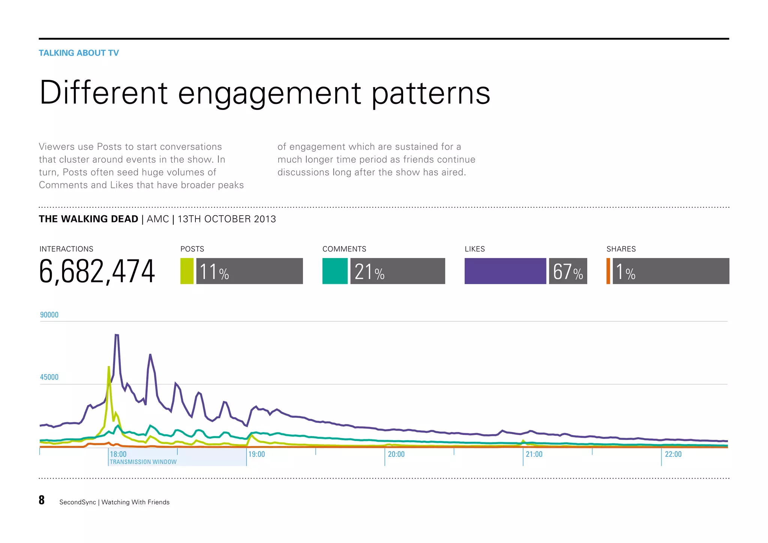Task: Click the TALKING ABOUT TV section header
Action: (79, 53)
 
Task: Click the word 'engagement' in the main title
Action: (269, 93)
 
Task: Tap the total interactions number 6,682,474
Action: (97, 271)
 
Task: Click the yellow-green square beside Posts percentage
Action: (187, 271)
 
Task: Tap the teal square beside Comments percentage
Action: (335, 271)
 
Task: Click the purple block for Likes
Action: (505, 271)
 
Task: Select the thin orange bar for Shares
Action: (608, 271)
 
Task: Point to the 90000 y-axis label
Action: (49, 315)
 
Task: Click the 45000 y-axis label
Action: (49, 377)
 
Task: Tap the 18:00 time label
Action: (118, 454)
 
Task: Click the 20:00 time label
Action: (396, 454)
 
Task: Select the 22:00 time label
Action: (673, 454)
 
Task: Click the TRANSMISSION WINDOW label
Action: (143, 462)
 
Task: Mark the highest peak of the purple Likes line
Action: (117, 335)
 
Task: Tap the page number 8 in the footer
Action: (42, 500)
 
